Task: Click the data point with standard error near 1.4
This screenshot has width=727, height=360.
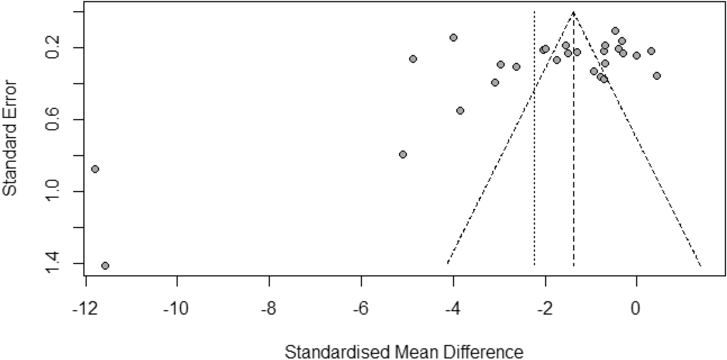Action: click(105, 265)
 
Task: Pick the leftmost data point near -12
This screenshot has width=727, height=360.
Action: click(95, 169)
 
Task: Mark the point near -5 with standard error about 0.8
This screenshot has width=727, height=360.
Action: click(403, 154)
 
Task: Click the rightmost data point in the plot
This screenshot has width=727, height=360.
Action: click(657, 76)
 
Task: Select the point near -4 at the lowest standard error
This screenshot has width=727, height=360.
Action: click(453, 37)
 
